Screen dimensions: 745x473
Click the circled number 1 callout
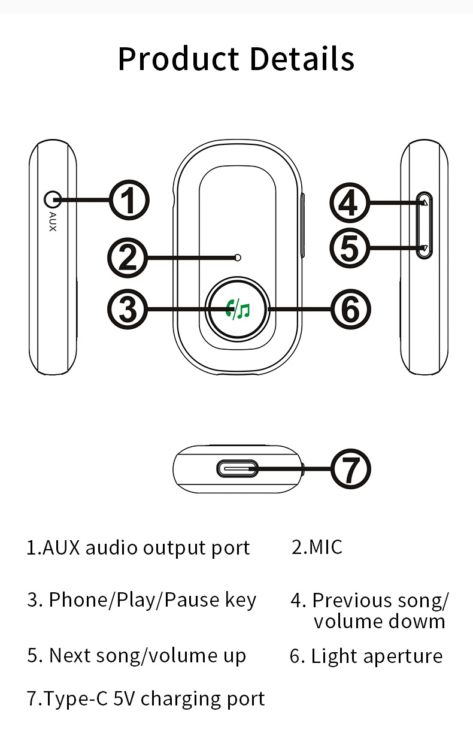[x=129, y=201]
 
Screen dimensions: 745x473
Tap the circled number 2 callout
[x=126, y=258]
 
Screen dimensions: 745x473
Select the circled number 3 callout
[x=126, y=309]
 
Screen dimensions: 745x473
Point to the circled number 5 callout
[x=349, y=247]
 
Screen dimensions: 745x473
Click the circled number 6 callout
[x=351, y=309]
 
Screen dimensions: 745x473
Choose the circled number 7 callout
[x=351, y=469]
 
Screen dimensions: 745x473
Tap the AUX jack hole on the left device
[x=53, y=199]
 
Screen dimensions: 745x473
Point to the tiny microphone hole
[x=239, y=258]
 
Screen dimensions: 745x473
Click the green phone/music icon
[x=237, y=309]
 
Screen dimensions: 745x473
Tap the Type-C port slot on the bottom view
[x=238, y=468]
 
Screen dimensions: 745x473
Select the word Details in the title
[x=302, y=59]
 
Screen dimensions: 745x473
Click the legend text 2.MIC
[x=317, y=547]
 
